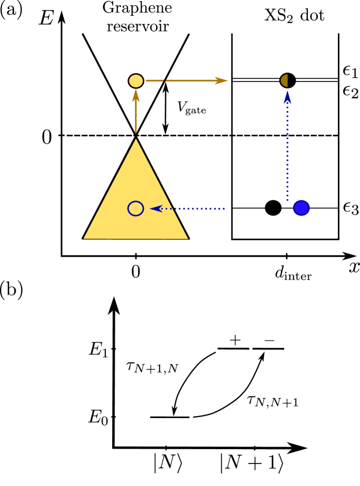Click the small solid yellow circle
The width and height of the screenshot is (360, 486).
pos(136,81)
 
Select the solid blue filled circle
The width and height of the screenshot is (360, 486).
pos(301,208)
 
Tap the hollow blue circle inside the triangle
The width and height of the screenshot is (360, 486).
pos(136,208)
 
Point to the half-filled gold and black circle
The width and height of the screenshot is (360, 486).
pos(288,80)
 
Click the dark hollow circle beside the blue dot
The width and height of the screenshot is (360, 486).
pos(273,208)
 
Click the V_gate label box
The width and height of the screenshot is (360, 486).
pos(191,108)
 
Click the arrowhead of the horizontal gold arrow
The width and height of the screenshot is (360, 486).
pos(222,80)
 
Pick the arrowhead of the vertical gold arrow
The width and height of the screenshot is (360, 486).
pos(136,95)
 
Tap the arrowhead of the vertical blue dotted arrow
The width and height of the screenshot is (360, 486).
pos(287,97)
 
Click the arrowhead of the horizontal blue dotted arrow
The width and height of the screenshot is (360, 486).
pos(155,209)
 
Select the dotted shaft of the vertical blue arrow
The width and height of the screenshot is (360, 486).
pos(287,153)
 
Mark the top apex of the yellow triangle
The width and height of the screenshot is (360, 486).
pos(136,140)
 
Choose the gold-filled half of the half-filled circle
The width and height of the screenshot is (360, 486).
pos(285,80)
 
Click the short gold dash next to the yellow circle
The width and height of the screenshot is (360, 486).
pos(154,80)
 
